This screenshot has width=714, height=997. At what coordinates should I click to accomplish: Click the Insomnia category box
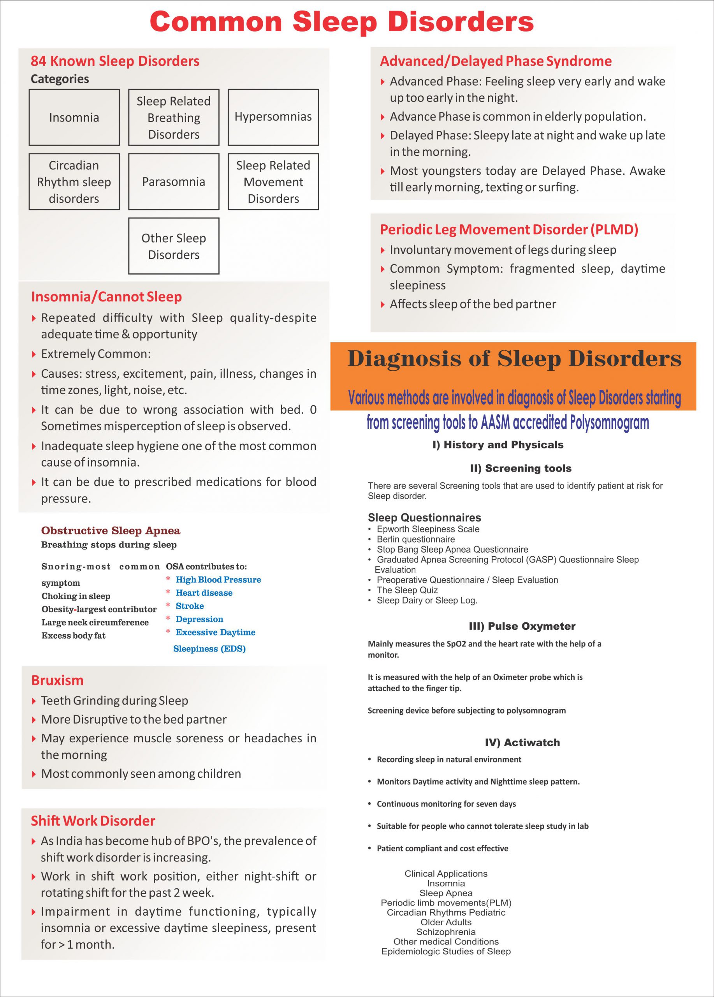tap(74, 117)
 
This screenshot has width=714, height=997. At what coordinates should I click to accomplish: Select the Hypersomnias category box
tap(273, 117)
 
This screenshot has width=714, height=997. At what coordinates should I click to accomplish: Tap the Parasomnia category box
tap(174, 181)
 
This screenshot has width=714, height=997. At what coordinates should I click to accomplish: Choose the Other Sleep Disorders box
tap(174, 246)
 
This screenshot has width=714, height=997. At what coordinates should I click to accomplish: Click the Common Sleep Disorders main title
tap(341, 22)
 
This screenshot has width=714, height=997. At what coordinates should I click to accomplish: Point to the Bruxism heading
tap(57, 680)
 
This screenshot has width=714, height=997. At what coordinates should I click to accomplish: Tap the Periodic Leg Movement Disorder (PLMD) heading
tap(509, 229)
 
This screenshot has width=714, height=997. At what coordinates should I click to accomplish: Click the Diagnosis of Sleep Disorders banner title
tap(514, 359)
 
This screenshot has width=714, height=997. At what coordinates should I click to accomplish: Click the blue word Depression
tap(199, 619)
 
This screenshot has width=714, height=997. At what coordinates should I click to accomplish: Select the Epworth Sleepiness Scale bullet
tap(428, 529)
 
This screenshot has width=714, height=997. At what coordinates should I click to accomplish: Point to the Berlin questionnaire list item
tap(416, 539)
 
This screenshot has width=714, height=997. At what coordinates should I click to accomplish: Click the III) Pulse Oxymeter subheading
tap(522, 626)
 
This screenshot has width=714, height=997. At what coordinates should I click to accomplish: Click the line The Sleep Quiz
tap(407, 590)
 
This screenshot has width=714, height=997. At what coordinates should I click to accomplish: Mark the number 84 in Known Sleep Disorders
tap(38, 61)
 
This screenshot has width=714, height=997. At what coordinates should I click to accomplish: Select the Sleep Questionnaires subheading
tap(424, 518)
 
